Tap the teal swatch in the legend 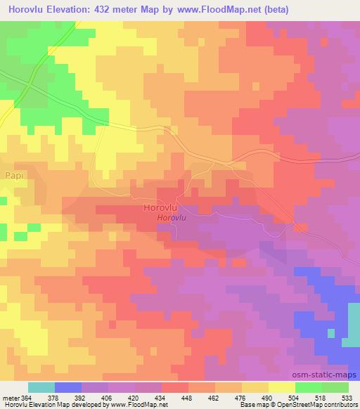click(41, 387)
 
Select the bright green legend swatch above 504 click(309, 387)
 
